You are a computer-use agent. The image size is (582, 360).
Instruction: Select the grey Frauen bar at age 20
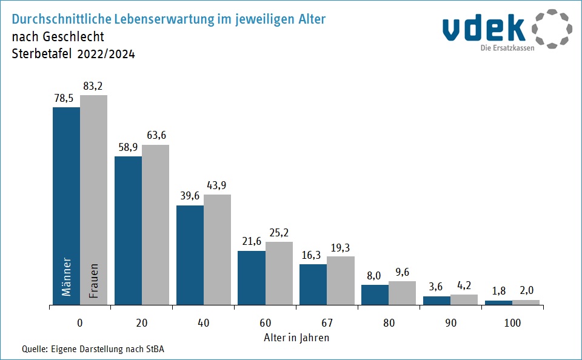pyautogui.click(x=155, y=224)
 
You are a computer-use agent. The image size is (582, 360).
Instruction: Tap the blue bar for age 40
pyautogui.click(x=190, y=255)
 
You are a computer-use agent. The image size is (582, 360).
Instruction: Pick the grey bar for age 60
pyautogui.click(x=279, y=273)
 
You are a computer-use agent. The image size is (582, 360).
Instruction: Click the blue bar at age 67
pyautogui.click(x=313, y=284)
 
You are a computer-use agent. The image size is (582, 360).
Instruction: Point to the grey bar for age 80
pyautogui.click(x=402, y=293)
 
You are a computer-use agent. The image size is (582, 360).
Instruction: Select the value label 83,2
pyautogui.click(x=93, y=87)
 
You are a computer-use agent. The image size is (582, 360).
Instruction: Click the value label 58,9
pyautogui.click(x=128, y=148)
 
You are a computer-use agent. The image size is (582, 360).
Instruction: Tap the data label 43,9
pyautogui.click(x=217, y=185)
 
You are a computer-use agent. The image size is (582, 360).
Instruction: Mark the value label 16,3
pyautogui.click(x=313, y=255)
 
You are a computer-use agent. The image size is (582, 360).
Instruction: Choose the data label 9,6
pyautogui.click(x=402, y=272)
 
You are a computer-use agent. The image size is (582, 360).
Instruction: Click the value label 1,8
pyautogui.click(x=498, y=292)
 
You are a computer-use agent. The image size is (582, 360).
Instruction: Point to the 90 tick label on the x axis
pyautogui.click(x=450, y=323)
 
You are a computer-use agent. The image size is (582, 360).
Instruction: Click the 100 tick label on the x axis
pyautogui.click(x=512, y=323)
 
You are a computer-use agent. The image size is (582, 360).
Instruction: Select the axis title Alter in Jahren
pyautogui.click(x=296, y=338)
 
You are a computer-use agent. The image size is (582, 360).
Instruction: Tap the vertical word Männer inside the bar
pyautogui.click(x=67, y=277)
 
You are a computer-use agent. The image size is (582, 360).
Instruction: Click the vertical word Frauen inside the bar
pyautogui.click(x=94, y=280)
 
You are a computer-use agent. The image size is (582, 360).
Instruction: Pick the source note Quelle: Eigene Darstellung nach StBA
pyautogui.click(x=93, y=349)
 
